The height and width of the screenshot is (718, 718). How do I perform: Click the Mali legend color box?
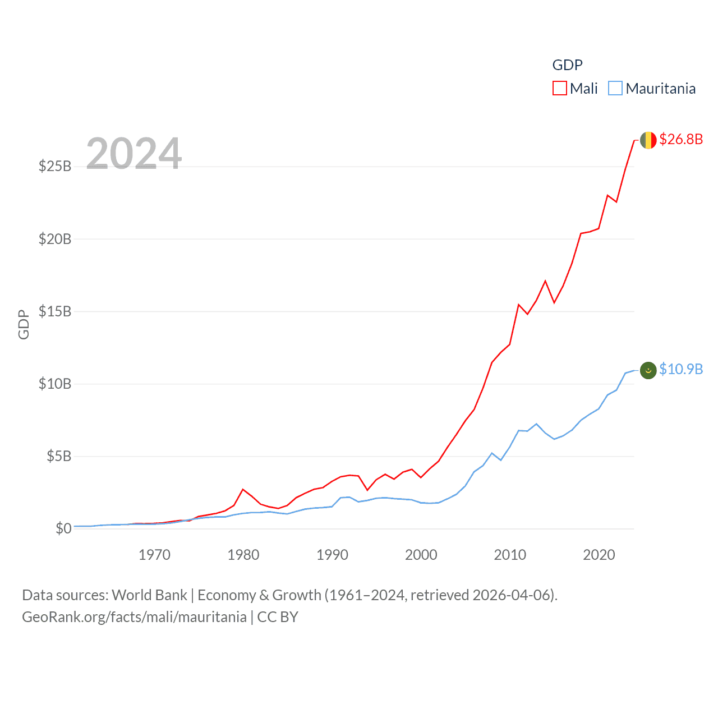(x=559, y=89)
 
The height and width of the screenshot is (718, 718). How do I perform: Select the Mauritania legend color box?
(x=615, y=89)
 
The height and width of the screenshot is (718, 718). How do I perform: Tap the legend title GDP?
(x=567, y=65)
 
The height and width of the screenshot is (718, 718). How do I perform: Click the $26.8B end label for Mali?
(x=680, y=139)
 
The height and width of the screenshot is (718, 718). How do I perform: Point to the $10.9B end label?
(x=680, y=369)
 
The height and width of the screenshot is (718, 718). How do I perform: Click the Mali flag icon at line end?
(x=648, y=140)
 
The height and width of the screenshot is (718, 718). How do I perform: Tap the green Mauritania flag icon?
(x=648, y=370)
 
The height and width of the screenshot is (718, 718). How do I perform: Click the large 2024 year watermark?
(x=134, y=153)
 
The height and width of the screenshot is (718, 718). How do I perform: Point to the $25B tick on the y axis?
(x=55, y=166)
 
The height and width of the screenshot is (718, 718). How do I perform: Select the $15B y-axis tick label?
(x=55, y=311)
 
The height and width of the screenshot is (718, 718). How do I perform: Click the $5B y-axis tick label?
(x=59, y=456)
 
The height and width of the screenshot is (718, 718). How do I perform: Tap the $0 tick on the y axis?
(x=63, y=528)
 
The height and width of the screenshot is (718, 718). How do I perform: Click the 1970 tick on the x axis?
(x=154, y=555)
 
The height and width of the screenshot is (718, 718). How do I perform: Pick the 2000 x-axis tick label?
(x=421, y=555)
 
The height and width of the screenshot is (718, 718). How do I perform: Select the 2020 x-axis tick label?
(x=599, y=555)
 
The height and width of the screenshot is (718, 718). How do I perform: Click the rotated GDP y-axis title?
(x=24, y=324)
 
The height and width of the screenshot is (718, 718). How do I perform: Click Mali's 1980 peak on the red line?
(x=243, y=489)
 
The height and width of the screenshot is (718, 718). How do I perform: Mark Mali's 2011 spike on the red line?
(x=519, y=305)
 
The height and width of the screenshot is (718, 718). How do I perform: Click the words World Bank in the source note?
(x=149, y=595)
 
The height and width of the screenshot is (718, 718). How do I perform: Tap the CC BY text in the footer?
(x=278, y=617)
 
